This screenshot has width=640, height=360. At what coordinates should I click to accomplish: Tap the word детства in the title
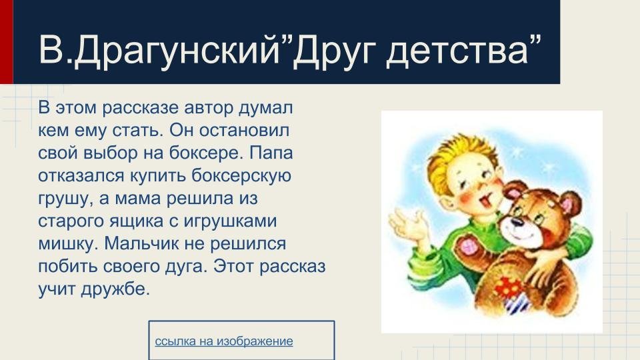coord(457,50)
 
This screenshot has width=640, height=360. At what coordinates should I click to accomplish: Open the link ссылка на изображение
coord(224,341)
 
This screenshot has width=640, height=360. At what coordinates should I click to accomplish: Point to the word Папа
coord(271,153)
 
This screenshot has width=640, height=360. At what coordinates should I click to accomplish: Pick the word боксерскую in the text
coord(241,176)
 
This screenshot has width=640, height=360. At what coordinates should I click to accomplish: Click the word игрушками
coord(230,221)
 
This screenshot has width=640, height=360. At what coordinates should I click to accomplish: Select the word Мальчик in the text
coord(142,244)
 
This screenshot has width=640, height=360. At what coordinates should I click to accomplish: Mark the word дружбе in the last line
coord(115,289)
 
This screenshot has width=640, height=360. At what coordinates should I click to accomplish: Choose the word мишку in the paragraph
coord(68,245)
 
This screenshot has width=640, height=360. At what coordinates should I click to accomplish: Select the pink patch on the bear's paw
coord(466,246)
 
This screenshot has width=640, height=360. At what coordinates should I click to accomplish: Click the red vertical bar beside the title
coord(7,41)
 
